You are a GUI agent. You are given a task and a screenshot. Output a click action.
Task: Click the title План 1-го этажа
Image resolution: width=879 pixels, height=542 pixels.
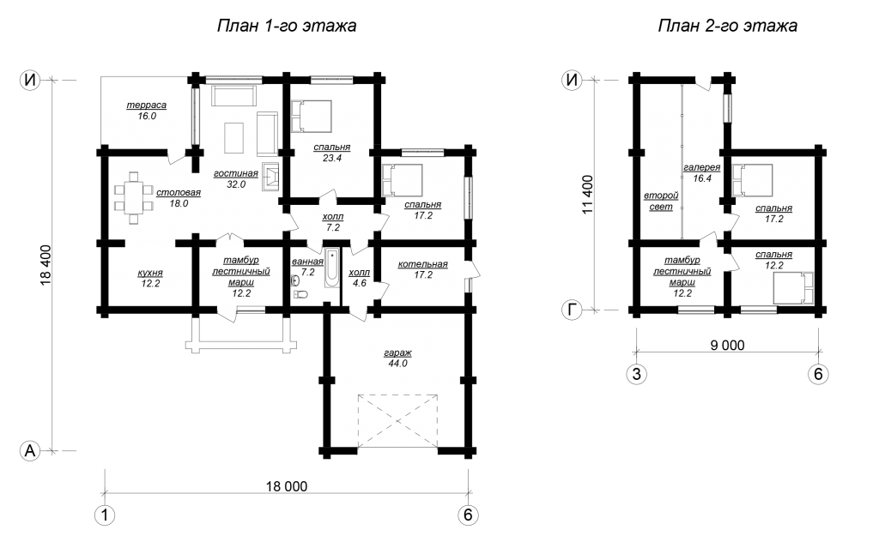pos(287,26)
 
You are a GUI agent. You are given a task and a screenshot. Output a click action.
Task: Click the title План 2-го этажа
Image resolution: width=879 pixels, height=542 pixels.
pos(727,26)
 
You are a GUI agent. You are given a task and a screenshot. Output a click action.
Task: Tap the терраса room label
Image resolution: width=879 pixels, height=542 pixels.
pos(146,105)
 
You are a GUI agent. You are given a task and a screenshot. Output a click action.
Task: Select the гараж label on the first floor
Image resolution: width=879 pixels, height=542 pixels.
pos(397,352)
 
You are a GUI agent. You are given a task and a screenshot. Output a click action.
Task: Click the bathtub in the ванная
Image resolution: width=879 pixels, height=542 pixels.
pos(332,268)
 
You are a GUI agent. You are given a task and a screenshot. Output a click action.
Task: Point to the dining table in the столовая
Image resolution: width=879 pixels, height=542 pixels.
pos(133,198)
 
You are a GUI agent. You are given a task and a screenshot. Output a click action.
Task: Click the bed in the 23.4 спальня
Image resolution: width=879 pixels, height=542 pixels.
pos(311,117)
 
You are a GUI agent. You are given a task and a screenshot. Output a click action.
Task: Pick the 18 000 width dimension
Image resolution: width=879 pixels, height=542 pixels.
pos(287,486)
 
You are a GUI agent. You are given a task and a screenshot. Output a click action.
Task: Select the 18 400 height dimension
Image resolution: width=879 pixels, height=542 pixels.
pos(46,265)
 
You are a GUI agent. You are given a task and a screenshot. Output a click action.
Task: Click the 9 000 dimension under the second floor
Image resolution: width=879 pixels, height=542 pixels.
pos(727,345)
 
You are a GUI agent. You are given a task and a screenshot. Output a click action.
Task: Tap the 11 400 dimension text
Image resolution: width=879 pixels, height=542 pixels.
pos(587,195)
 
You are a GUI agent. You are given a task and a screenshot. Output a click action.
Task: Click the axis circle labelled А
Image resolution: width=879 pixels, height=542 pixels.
pos(30,450)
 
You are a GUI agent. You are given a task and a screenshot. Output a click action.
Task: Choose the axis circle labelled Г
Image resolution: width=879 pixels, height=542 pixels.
pos(571,310)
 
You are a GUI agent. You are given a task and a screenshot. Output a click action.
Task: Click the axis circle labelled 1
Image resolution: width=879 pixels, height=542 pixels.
pos(104,515)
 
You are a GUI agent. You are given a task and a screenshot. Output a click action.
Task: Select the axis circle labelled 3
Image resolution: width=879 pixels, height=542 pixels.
pos(636,373)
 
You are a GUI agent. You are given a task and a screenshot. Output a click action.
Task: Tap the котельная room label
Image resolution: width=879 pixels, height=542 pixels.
pos(422,264)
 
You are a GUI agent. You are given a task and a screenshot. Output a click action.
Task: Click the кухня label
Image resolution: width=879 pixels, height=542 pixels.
pos(150,274)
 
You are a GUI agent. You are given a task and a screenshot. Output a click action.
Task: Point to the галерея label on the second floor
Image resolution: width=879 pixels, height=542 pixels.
pos(702,167)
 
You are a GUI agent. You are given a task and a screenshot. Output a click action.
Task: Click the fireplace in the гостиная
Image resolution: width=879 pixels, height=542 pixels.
pos(270,177)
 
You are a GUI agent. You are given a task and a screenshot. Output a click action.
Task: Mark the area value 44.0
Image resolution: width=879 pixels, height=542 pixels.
pos(397,364)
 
